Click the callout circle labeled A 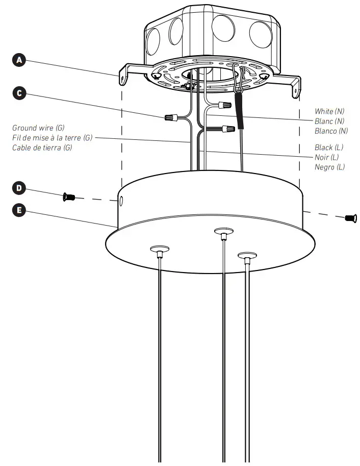pyautogui.click(x=19, y=60)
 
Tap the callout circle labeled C pyautogui.click(x=19, y=93)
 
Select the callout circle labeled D pyautogui.click(x=19, y=188)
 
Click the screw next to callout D pyautogui.click(x=68, y=197)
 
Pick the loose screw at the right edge pyautogui.click(x=350, y=218)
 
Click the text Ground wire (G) pyautogui.click(x=38, y=128)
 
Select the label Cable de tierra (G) pyautogui.click(x=42, y=148)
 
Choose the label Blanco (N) pyautogui.click(x=331, y=131)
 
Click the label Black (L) pyautogui.click(x=329, y=148)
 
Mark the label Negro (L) pyautogui.click(x=330, y=167)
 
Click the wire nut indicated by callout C pyautogui.click(x=171, y=118)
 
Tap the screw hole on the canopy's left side pyautogui.click(x=121, y=202)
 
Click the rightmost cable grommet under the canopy pyautogui.click(x=247, y=254)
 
